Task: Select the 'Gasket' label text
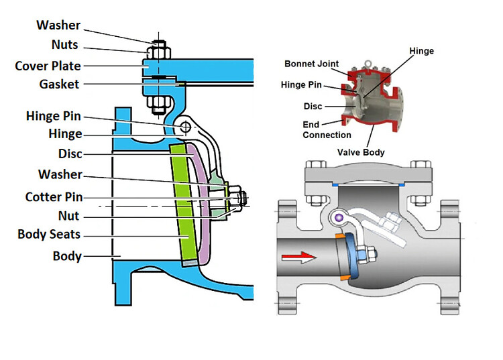click(58, 84)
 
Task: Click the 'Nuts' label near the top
click(65, 45)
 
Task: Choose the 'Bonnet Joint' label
click(313, 64)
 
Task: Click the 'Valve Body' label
click(361, 152)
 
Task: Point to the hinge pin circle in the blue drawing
click(185, 127)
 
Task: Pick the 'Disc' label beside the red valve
click(313, 106)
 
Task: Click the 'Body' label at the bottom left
click(67, 256)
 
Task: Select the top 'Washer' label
click(58, 25)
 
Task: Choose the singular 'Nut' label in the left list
click(68, 216)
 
